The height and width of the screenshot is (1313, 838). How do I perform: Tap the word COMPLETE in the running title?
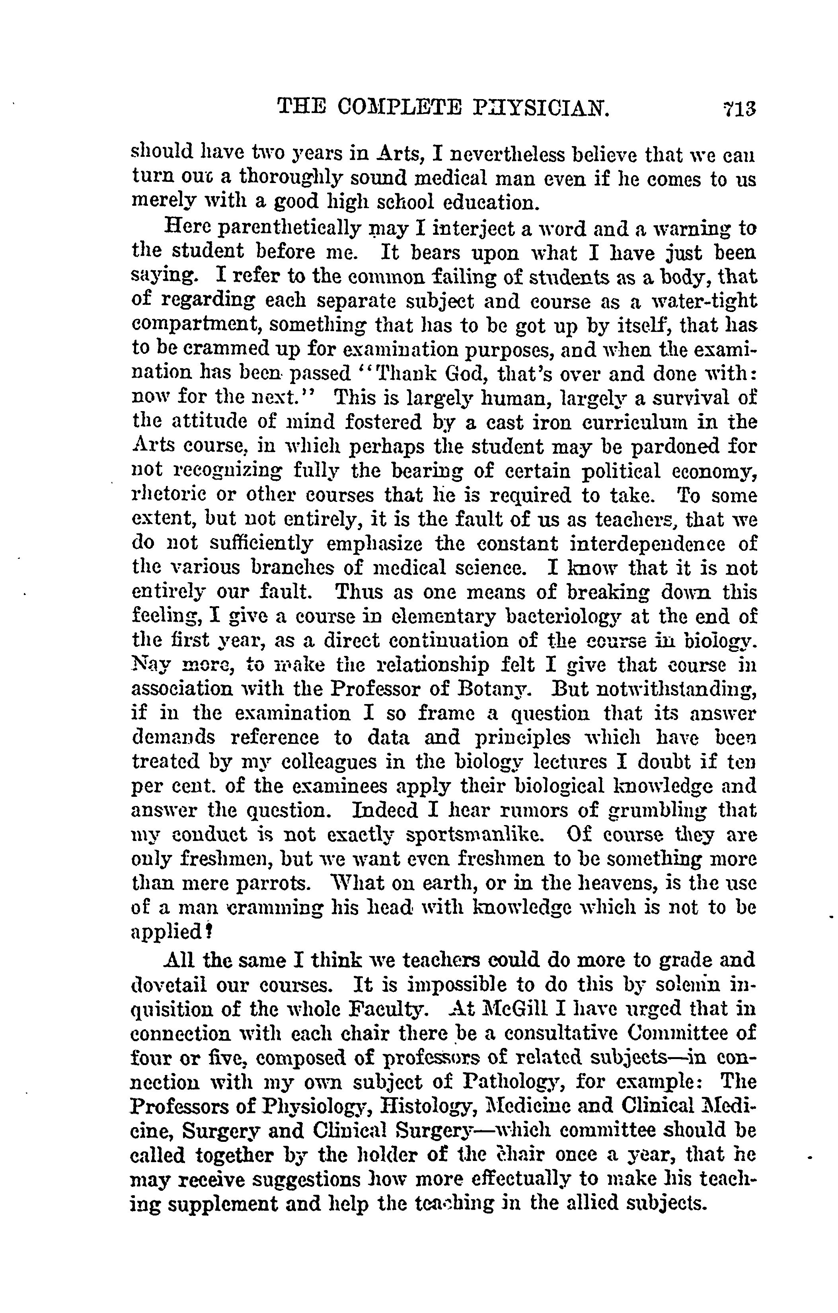pyautogui.click(x=399, y=107)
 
